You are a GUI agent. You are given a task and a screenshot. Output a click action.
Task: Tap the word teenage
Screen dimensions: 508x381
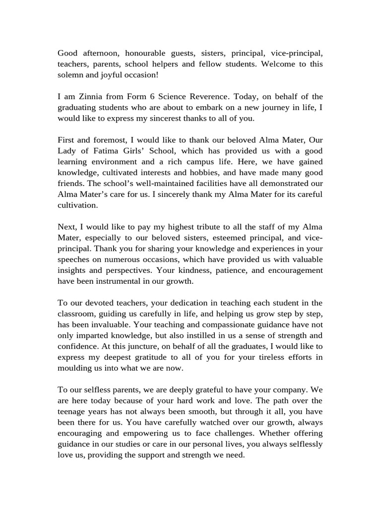(x=73, y=411)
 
